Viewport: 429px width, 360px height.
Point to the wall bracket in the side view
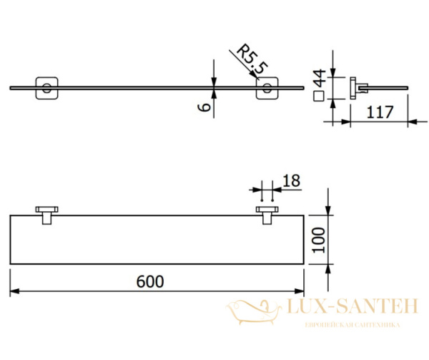[354, 88]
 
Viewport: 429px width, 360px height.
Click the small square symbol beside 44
[320, 95]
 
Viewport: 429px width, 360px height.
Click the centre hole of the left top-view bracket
[46, 89]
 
